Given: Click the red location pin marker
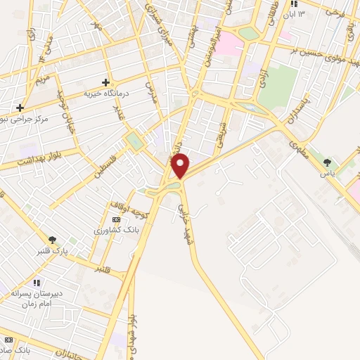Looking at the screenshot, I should [181, 165].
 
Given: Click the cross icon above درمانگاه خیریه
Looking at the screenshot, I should [106, 82].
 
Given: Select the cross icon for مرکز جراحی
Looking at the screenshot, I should [20, 108].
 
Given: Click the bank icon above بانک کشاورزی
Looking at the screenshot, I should [116, 219].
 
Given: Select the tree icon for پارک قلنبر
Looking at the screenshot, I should [52, 240].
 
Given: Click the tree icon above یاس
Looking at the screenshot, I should [326, 162].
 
